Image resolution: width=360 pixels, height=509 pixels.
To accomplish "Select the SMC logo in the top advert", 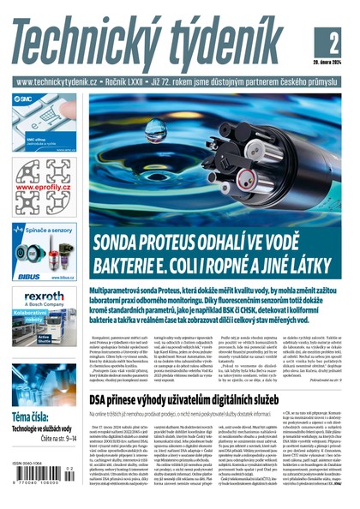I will (23, 99).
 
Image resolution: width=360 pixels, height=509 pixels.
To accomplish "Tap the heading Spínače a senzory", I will (49, 231).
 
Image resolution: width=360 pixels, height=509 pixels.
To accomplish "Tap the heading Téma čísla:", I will (29, 416).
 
